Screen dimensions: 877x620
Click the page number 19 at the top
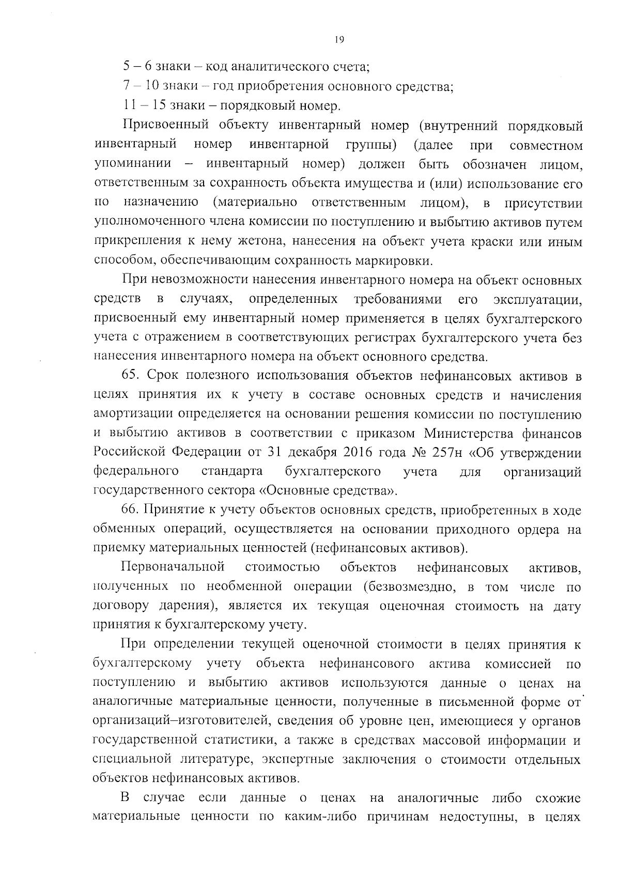[x=339, y=40]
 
